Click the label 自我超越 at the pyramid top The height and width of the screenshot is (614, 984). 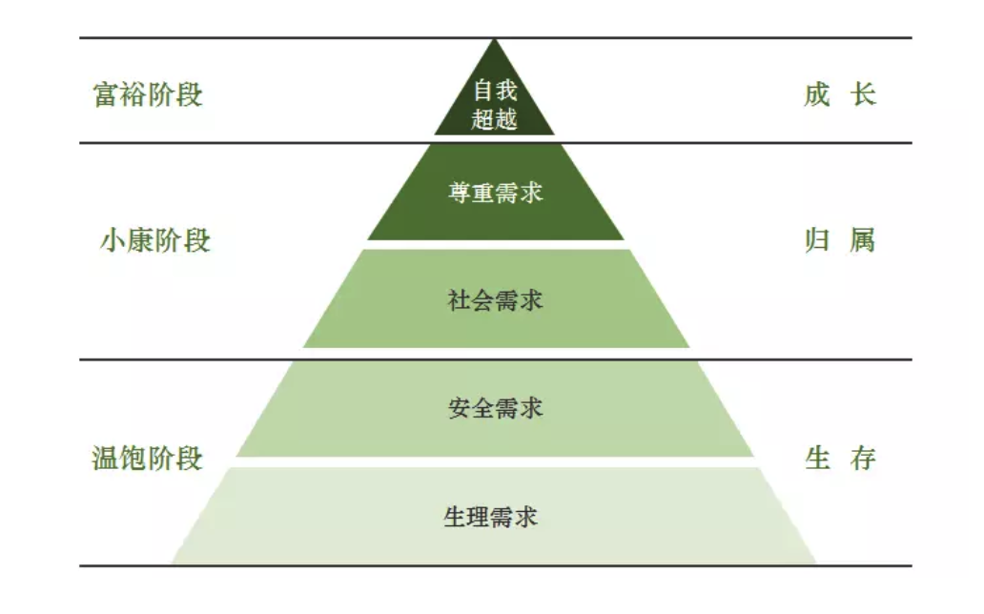click(x=495, y=105)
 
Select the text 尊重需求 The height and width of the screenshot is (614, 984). click(x=495, y=192)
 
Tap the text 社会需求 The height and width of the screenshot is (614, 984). click(x=495, y=300)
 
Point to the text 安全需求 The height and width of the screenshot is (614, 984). click(x=495, y=408)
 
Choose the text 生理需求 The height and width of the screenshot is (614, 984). click(x=491, y=517)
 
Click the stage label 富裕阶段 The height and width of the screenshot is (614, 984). click(x=148, y=95)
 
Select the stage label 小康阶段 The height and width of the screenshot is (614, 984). click(x=154, y=240)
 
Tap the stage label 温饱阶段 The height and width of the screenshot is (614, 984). click(x=148, y=459)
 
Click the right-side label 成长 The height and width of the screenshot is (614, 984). click(x=839, y=95)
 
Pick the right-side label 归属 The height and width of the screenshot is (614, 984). click(x=839, y=240)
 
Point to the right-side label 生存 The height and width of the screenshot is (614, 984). click(x=840, y=459)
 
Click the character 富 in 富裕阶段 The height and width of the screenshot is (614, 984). click(x=106, y=95)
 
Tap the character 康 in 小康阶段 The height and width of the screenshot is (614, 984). click(x=141, y=240)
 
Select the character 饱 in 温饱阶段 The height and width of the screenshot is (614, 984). click(x=133, y=459)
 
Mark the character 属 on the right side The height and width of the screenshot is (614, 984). click(x=862, y=240)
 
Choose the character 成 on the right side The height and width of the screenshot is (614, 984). click(x=816, y=95)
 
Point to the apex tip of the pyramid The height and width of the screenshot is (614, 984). click(x=495, y=41)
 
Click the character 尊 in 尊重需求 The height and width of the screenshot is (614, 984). click(x=460, y=192)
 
